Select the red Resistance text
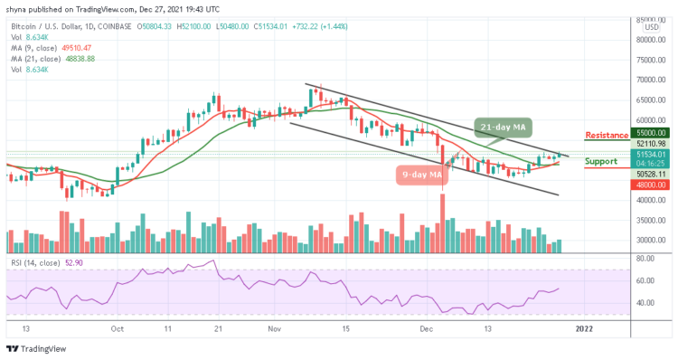pos(607,136)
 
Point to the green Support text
pos(601,162)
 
